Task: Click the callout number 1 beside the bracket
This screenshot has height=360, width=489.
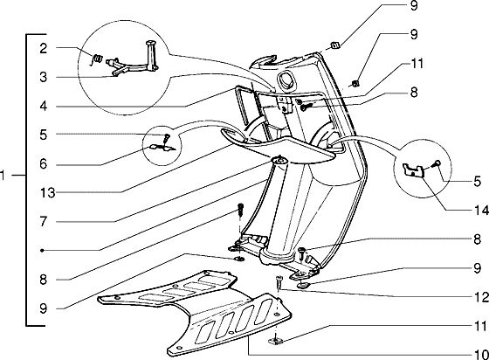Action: click(x=3, y=176)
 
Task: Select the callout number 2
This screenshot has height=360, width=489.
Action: click(x=44, y=48)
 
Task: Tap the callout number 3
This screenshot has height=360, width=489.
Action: click(x=44, y=77)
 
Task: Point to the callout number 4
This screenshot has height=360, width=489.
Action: click(x=44, y=106)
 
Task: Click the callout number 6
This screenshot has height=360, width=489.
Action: click(x=44, y=163)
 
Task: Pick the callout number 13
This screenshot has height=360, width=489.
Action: click(x=48, y=193)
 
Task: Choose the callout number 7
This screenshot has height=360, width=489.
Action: click(x=44, y=221)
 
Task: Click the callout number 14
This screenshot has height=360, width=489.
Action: click(x=481, y=211)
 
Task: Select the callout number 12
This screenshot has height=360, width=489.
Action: click(x=481, y=297)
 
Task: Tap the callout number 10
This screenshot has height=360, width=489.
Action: click(x=481, y=355)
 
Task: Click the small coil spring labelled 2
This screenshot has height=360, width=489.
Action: click(x=98, y=59)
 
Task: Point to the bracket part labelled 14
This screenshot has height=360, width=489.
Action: click(x=413, y=170)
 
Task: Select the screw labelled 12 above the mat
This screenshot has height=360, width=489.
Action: click(x=279, y=282)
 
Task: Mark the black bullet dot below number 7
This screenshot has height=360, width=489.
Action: click(x=43, y=250)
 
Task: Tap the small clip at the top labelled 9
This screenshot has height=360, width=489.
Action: click(x=335, y=45)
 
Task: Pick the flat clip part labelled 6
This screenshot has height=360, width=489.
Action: click(x=162, y=149)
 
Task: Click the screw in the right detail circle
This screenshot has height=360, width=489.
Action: click(x=437, y=163)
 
